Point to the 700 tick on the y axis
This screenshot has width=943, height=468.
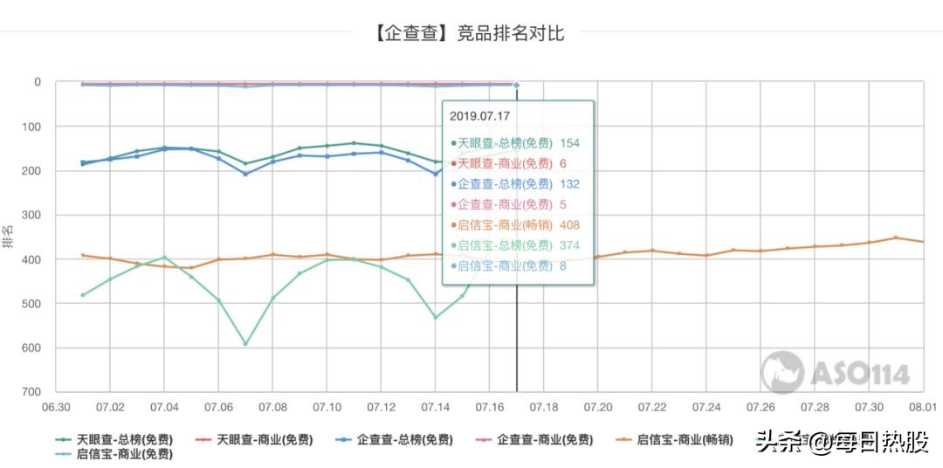pos(33,392)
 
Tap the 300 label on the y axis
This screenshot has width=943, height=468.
pos(33,215)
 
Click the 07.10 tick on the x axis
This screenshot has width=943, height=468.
pos(327,408)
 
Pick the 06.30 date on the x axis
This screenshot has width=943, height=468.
pos(57,408)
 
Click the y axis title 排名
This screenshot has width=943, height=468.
pos(8,237)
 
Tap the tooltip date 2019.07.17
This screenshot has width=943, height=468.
pos(479,115)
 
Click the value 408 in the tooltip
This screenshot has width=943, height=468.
pos(570,224)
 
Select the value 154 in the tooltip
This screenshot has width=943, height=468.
pos(570,143)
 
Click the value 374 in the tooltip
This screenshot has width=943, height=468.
pos(568,245)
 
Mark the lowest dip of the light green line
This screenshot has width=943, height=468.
pos(245,344)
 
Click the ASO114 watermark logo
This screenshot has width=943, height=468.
pos(836,373)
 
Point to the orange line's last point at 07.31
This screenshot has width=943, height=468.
pos(895,237)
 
